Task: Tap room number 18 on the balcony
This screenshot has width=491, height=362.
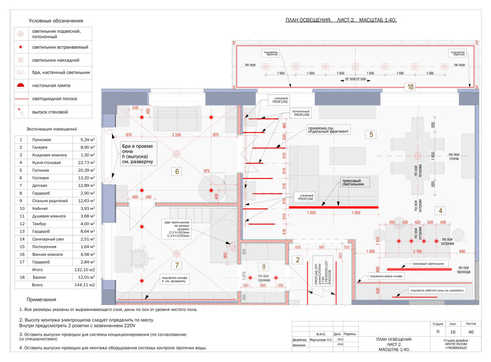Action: pos(410,87)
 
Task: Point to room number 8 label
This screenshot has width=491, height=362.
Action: pos(264,266)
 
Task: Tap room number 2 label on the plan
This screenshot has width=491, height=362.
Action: pos(298,259)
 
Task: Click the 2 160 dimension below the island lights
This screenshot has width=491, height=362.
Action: pos(418,252)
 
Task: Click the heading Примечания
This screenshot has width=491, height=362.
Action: pos(42,300)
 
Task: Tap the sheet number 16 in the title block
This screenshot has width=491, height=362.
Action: pos(452,331)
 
